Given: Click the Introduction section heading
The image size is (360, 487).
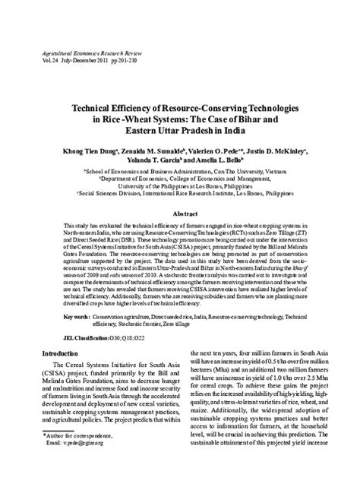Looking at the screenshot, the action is pyautogui.click(x=65, y=354).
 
